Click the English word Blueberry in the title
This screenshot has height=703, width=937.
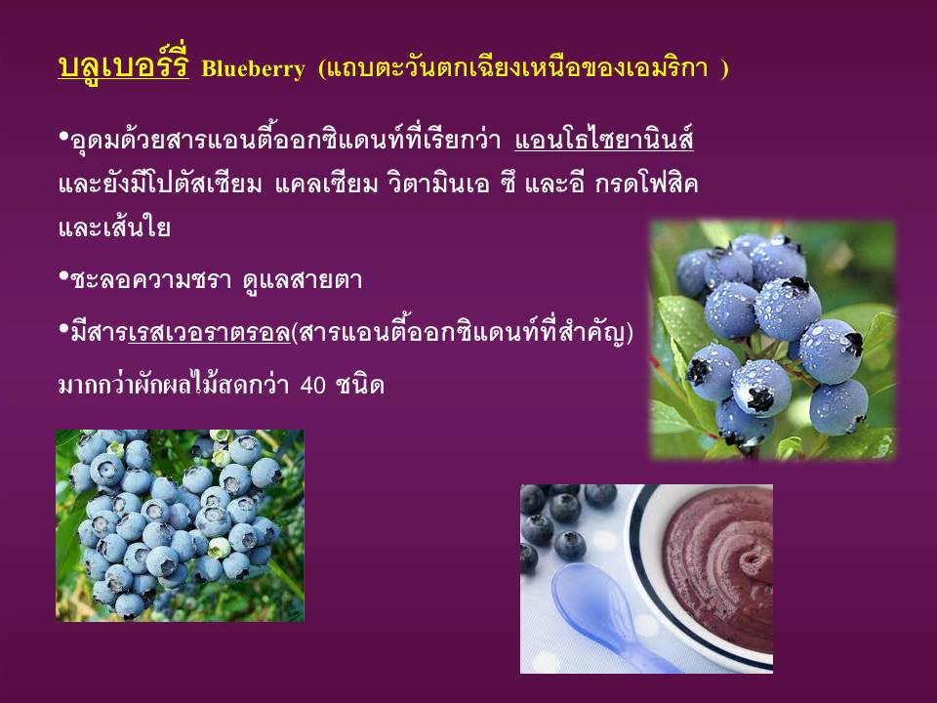254,68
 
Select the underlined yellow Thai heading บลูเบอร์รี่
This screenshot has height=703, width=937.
124,65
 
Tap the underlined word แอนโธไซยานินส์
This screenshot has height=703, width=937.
603,140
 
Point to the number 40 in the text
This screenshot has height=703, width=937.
313,385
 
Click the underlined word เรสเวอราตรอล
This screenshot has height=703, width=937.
209,331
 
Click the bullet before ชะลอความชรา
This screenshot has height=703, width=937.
63,276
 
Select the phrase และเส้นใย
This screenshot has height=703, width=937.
114,227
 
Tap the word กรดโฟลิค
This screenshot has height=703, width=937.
646,184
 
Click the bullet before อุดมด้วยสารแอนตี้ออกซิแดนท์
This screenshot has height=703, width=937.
63,137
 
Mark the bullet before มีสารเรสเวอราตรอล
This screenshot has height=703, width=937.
63,328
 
